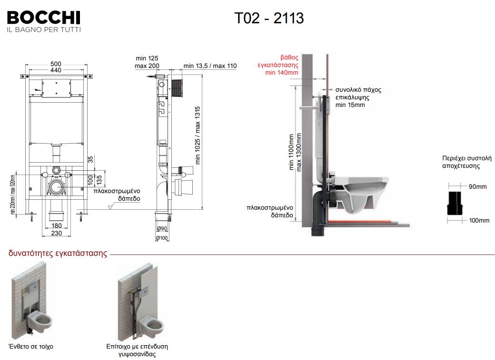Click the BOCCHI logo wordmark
[x=43, y=18]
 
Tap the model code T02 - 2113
[x=269, y=18]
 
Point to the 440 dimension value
[x=56, y=70]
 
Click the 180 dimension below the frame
[x=56, y=226]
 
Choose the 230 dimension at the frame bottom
[x=56, y=233]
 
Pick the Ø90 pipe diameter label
[x=163, y=229]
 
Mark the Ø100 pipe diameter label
[x=163, y=238]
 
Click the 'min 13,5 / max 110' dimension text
[x=210, y=66]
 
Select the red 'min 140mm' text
[x=282, y=73]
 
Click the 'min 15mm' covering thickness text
[x=350, y=105]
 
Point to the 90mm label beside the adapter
[x=477, y=187]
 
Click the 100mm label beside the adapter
[x=479, y=220]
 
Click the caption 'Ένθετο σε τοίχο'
[x=31, y=347]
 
